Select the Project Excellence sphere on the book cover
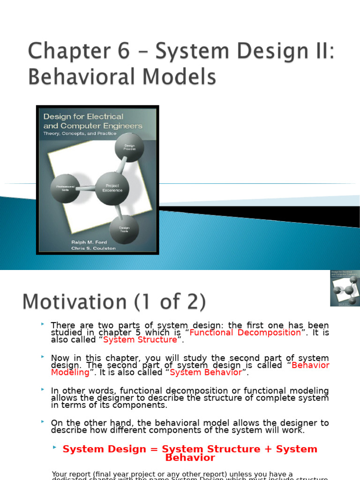pos(112,188)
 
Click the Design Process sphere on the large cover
pos(129,147)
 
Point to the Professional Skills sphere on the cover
pos(65,187)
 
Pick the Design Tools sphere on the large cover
pos(124,229)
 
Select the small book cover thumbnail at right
pos(345,288)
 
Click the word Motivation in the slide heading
pos(76,302)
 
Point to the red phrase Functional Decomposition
pos(245,332)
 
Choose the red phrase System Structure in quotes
pos(140,340)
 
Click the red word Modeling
pos(70,372)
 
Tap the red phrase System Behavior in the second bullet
pos(206,372)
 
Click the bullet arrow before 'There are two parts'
pos(43,324)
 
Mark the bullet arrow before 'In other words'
pos(43,390)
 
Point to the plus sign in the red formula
pos(269,449)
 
